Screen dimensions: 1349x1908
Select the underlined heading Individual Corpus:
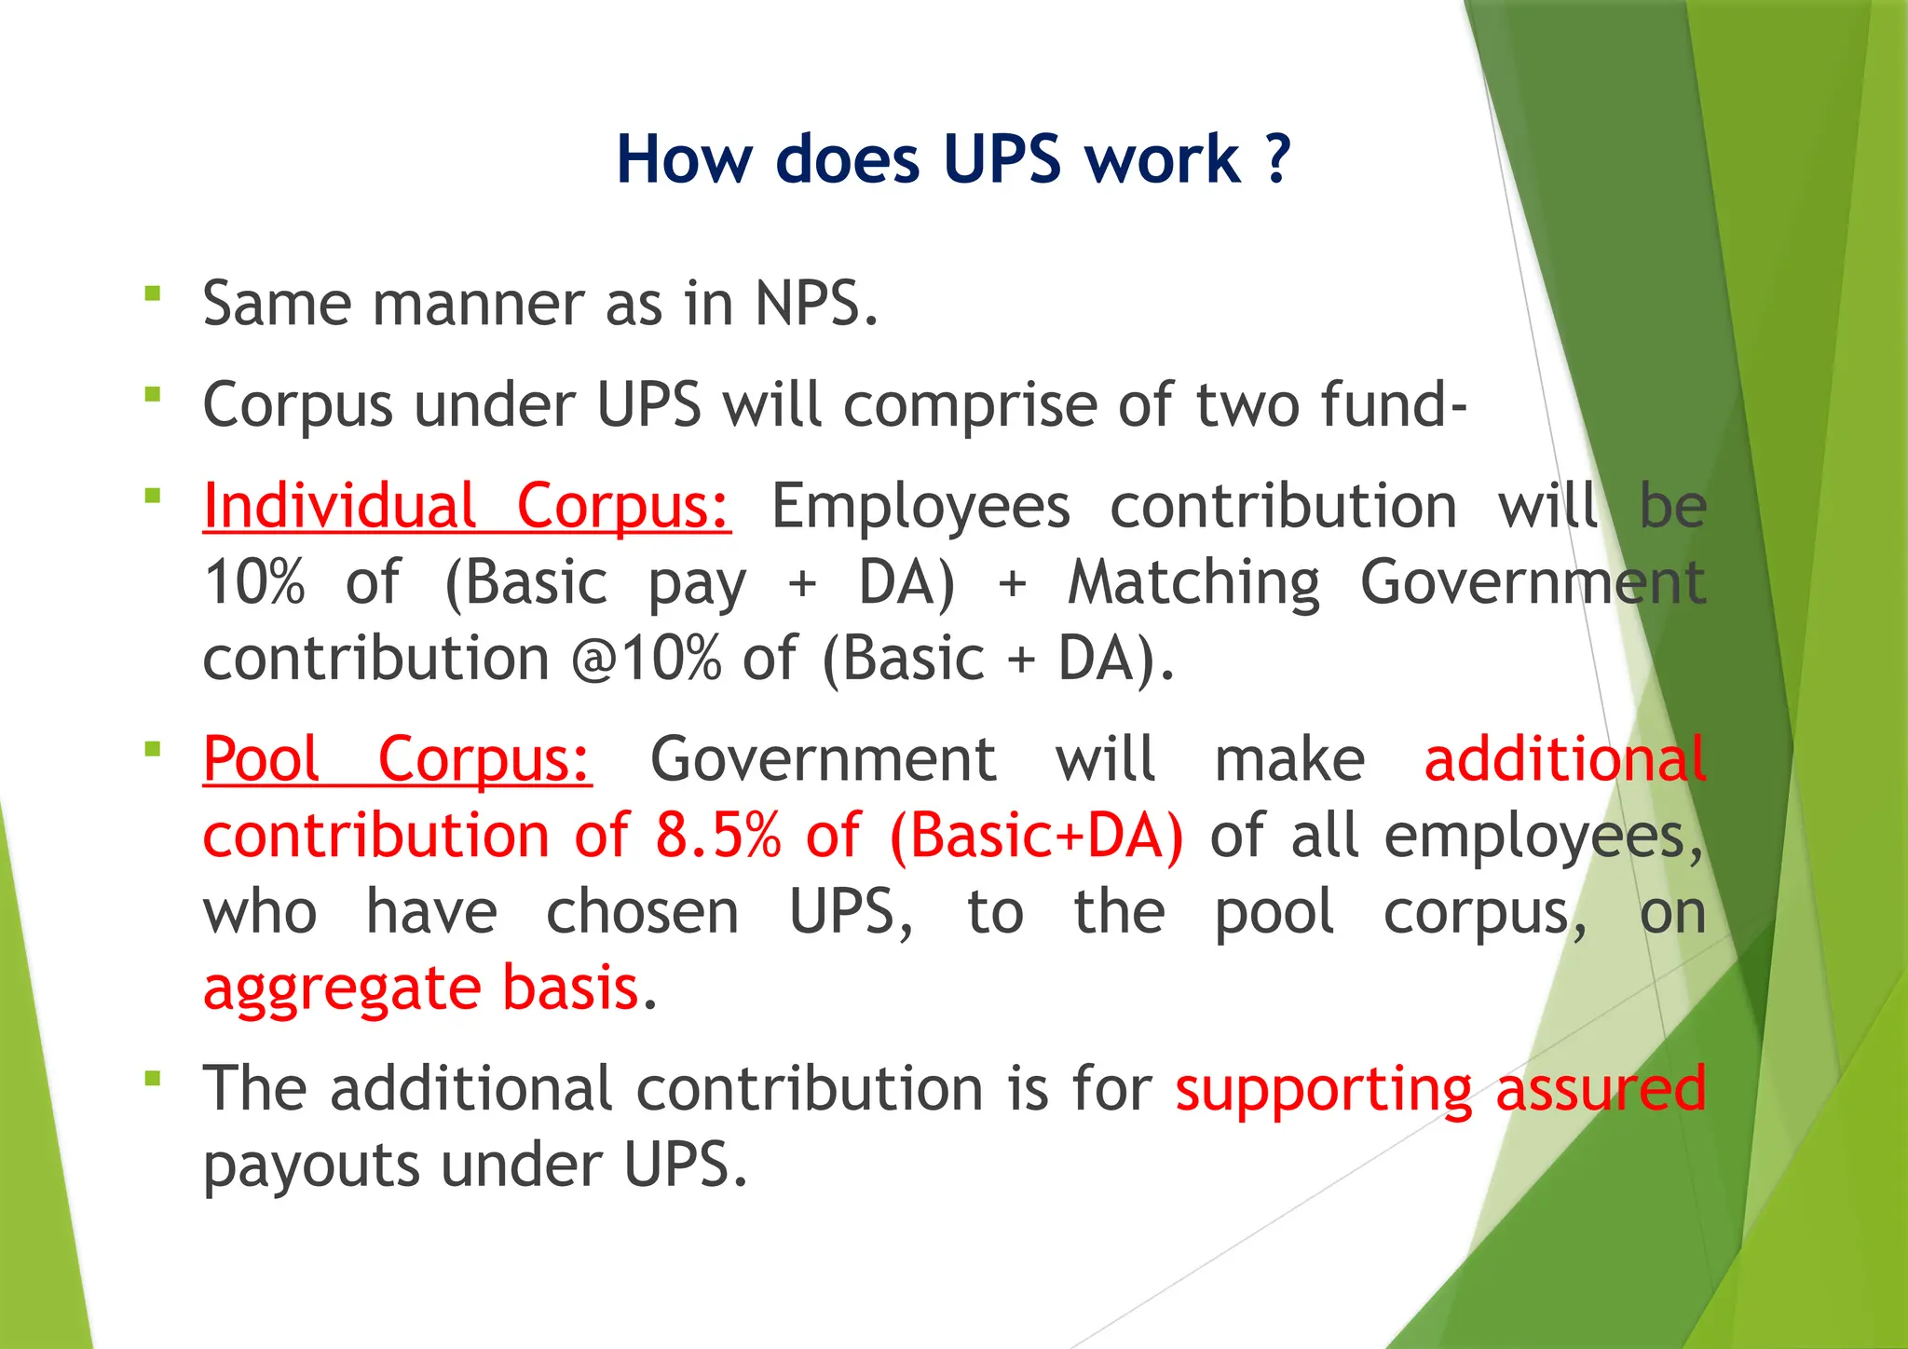tap(467, 507)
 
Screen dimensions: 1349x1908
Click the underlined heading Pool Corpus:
tap(397, 759)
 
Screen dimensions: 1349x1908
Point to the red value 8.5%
tap(717, 836)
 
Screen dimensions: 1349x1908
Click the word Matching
tap(1193, 583)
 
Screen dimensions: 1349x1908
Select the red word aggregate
tap(340, 988)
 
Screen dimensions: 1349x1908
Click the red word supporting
tap(1323, 1089)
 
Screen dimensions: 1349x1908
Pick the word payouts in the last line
tap(311, 1166)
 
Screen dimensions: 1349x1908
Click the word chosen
tap(642, 912)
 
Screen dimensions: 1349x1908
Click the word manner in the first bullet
tap(479, 304)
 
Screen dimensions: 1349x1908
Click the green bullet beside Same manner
tap(153, 294)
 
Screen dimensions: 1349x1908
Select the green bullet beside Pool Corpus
tap(153, 749)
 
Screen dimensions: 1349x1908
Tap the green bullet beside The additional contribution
tap(153, 1079)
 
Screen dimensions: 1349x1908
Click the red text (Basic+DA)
tap(1036, 836)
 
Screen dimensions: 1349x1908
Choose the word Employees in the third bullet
tap(920, 507)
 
